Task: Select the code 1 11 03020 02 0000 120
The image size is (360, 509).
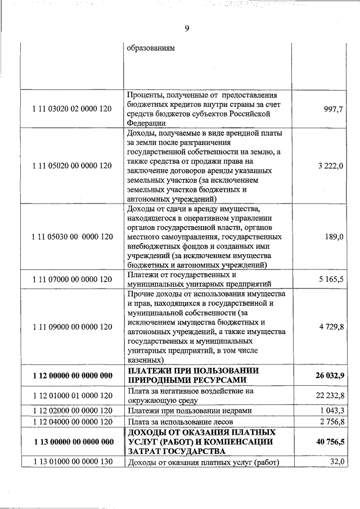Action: coord(72,109)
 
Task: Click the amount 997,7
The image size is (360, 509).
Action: coord(334,109)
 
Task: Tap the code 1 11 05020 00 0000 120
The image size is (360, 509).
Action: coord(72,166)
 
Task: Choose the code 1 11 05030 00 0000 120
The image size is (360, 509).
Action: coord(72,237)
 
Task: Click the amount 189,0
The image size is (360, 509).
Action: coord(334,237)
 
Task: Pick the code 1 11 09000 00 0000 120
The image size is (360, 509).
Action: coord(72,327)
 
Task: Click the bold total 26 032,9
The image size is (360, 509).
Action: coord(327,375)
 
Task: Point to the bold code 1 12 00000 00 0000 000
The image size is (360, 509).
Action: coord(72,375)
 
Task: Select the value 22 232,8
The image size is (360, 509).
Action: coord(328,396)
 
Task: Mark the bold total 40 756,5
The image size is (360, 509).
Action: coord(327,442)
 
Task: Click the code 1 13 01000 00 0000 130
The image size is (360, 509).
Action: coord(72,462)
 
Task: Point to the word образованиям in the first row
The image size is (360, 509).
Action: coord(151,48)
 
